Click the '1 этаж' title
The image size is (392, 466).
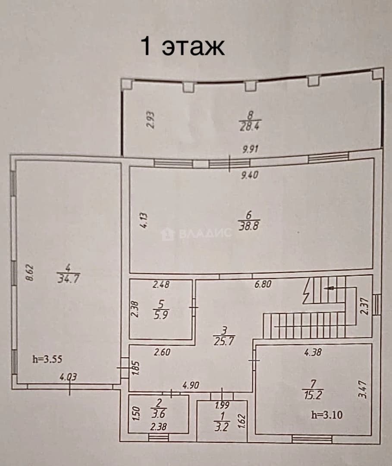coord(182,47)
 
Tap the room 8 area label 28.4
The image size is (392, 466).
coord(249,126)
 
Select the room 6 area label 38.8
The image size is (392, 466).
coord(249,226)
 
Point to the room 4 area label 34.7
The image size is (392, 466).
coord(69,279)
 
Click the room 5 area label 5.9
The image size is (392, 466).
coord(161,315)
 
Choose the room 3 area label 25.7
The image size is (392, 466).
coord(224,341)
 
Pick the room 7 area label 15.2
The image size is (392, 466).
coord(313,395)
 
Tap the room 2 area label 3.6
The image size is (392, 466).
coord(159,414)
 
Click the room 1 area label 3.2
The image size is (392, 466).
coord(222,427)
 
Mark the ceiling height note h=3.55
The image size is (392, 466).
coord(47,359)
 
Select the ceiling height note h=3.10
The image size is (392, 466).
coord(327,415)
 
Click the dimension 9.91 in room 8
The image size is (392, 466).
coord(250,149)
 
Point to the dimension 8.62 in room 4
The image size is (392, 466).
coord(30,273)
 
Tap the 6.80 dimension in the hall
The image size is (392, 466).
coord(263,284)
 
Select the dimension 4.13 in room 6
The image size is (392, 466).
coord(143,220)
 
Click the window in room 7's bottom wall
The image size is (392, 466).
coord(312,439)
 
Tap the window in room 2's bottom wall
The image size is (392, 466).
coord(158,437)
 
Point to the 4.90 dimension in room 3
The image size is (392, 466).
coord(191,385)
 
